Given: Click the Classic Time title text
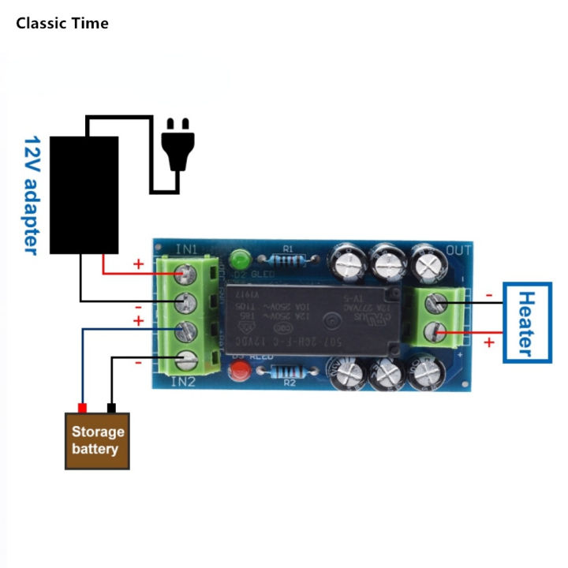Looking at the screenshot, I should (62, 23).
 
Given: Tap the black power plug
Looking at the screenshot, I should (177, 145).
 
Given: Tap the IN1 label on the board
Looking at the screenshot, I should (186, 249).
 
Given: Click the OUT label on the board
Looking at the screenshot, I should (459, 250).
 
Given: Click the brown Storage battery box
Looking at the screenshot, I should (98, 441).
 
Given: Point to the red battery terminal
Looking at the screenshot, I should (81, 408).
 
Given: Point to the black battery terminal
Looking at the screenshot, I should (111, 408).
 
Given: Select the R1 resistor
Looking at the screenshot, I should (287, 259).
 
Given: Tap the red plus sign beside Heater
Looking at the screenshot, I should (488, 342).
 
